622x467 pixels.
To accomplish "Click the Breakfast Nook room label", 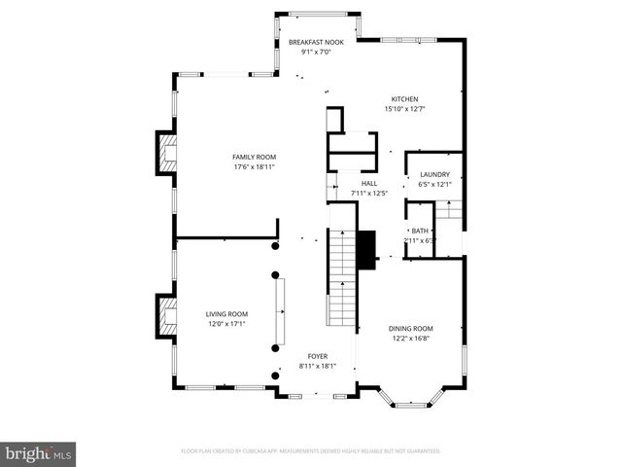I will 315,43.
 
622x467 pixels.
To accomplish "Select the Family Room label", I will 254,157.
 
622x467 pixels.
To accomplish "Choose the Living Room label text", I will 226,314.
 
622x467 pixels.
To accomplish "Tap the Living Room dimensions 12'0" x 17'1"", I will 226,324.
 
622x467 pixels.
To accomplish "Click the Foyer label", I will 318,357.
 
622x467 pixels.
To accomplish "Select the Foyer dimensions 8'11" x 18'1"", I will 318,367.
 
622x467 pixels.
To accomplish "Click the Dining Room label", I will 411,329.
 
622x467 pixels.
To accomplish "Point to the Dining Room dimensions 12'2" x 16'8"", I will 411,339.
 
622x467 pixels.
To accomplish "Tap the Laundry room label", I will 433,175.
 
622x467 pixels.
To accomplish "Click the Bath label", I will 420,231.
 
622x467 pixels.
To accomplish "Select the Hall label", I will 369,183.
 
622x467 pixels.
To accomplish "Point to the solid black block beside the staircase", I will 367,250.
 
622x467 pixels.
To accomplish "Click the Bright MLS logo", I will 39,453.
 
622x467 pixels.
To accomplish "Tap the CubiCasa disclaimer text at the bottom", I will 311,451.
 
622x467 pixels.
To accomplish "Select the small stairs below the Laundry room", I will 448,209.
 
